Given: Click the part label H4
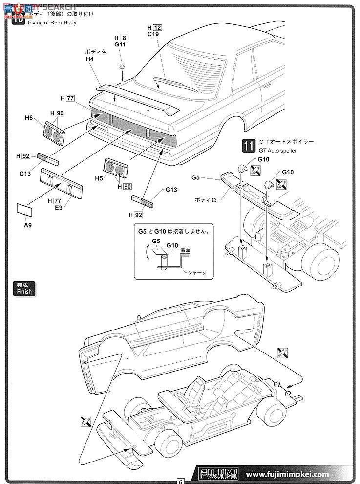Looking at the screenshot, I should (x=89, y=59).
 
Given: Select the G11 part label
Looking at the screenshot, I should (x=120, y=44).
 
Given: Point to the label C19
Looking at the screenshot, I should (x=153, y=35).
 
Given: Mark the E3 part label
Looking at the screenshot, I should (x=58, y=208).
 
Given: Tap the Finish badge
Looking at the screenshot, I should (x=24, y=289).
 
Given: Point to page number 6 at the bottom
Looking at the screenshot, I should (x=180, y=481).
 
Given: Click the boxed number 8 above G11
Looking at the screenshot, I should (x=124, y=38).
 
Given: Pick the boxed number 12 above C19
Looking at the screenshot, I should (x=157, y=28).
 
